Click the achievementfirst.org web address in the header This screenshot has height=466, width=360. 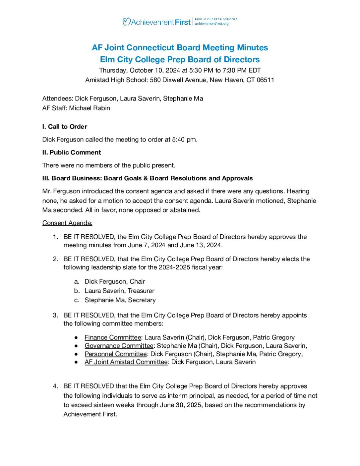(212, 24)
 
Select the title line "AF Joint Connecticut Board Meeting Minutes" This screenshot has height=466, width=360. (180, 48)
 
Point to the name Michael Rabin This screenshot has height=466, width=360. (90, 108)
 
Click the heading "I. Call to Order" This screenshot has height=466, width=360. (65, 126)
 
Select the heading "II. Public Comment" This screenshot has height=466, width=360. (72, 152)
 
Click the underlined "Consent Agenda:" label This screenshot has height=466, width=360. (67, 223)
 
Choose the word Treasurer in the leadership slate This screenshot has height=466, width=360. (141, 291)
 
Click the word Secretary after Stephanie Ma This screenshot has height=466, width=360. (142, 300)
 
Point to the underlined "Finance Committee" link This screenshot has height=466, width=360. (113, 338)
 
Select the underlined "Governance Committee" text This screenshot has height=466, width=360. (119, 346)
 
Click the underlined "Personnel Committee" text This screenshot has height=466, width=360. (115, 354)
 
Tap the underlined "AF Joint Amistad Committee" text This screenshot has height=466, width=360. (126, 362)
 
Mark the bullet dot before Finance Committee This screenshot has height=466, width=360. (77, 338)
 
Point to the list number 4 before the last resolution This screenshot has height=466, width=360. (55, 386)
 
